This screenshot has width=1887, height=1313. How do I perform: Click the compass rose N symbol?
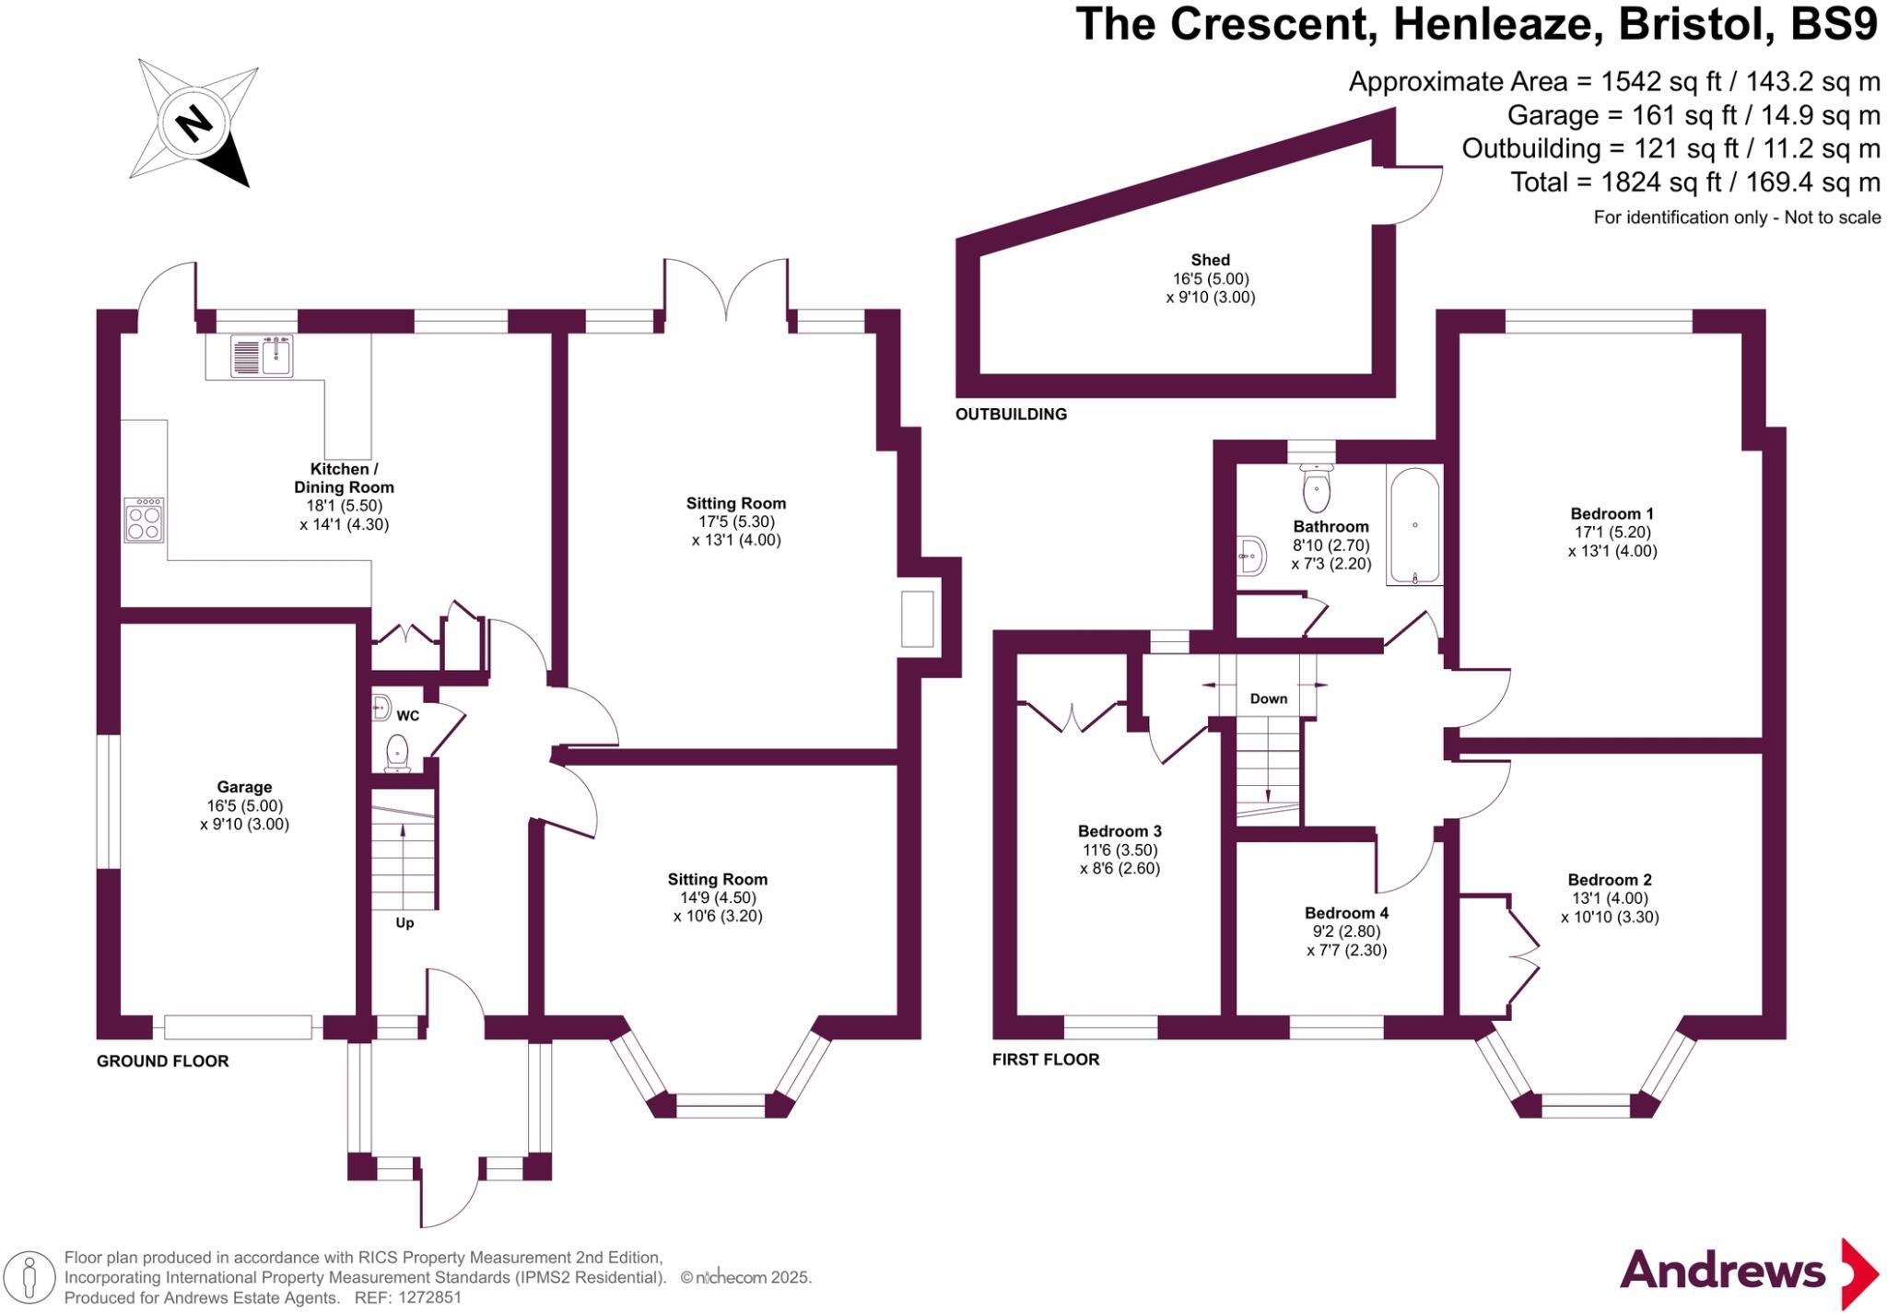click(x=193, y=122)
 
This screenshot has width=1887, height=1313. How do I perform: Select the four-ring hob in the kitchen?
click(x=145, y=521)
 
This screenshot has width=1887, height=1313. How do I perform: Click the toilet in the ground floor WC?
click(x=397, y=752)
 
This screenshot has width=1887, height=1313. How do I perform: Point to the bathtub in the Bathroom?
click(x=1414, y=526)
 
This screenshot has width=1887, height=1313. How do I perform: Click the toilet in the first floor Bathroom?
click(x=1317, y=489)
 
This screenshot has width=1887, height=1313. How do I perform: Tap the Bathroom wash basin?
click(x=1251, y=556)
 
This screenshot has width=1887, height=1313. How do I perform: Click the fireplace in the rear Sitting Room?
click(x=917, y=618)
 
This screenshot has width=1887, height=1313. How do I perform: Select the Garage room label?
click(x=244, y=787)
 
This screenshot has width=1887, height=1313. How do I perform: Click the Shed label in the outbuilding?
click(x=1210, y=260)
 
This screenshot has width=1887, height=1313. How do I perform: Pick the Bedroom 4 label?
click(x=1346, y=913)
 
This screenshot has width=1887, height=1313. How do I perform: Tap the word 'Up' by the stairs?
click(x=404, y=922)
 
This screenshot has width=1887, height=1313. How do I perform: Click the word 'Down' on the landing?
click(x=1268, y=698)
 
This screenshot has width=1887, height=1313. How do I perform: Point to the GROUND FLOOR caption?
click(x=162, y=1061)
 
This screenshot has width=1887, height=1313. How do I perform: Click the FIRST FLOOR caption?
click(x=1045, y=1060)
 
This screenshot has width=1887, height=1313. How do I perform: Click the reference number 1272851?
click(x=429, y=1297)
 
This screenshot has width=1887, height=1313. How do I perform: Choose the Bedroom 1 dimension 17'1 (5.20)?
click(x=1612, y=533)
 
